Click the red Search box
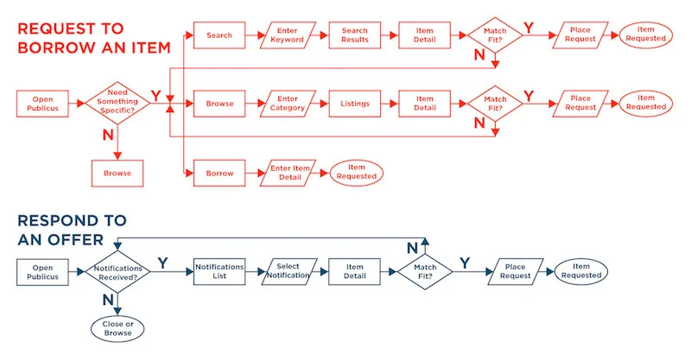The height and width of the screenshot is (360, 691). (219, 35)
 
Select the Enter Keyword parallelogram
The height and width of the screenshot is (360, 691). (288, 35)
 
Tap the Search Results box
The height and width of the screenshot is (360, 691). (355, 35)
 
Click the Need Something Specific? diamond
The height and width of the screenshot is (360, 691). (117, 103)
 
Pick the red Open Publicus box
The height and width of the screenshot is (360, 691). (42, 104)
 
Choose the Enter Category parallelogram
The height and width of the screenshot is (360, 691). (288, 104)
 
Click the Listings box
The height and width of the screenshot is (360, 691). (355, 104)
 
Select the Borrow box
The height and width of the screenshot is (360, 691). (219, 174)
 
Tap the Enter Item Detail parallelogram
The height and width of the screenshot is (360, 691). (288, 174)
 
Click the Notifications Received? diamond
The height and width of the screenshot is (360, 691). (117, 272)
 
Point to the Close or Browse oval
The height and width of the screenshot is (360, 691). (117, 329)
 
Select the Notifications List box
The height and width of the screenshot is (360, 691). (219, 271)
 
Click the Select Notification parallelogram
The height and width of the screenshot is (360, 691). (288, 271)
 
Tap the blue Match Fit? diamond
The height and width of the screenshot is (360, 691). (425, 272)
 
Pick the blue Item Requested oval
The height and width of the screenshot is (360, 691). (580, 271)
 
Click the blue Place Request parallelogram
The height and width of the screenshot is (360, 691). (515, 271)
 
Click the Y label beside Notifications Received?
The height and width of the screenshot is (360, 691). (163, 263)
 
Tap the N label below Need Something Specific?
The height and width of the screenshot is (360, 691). (108, 135)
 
